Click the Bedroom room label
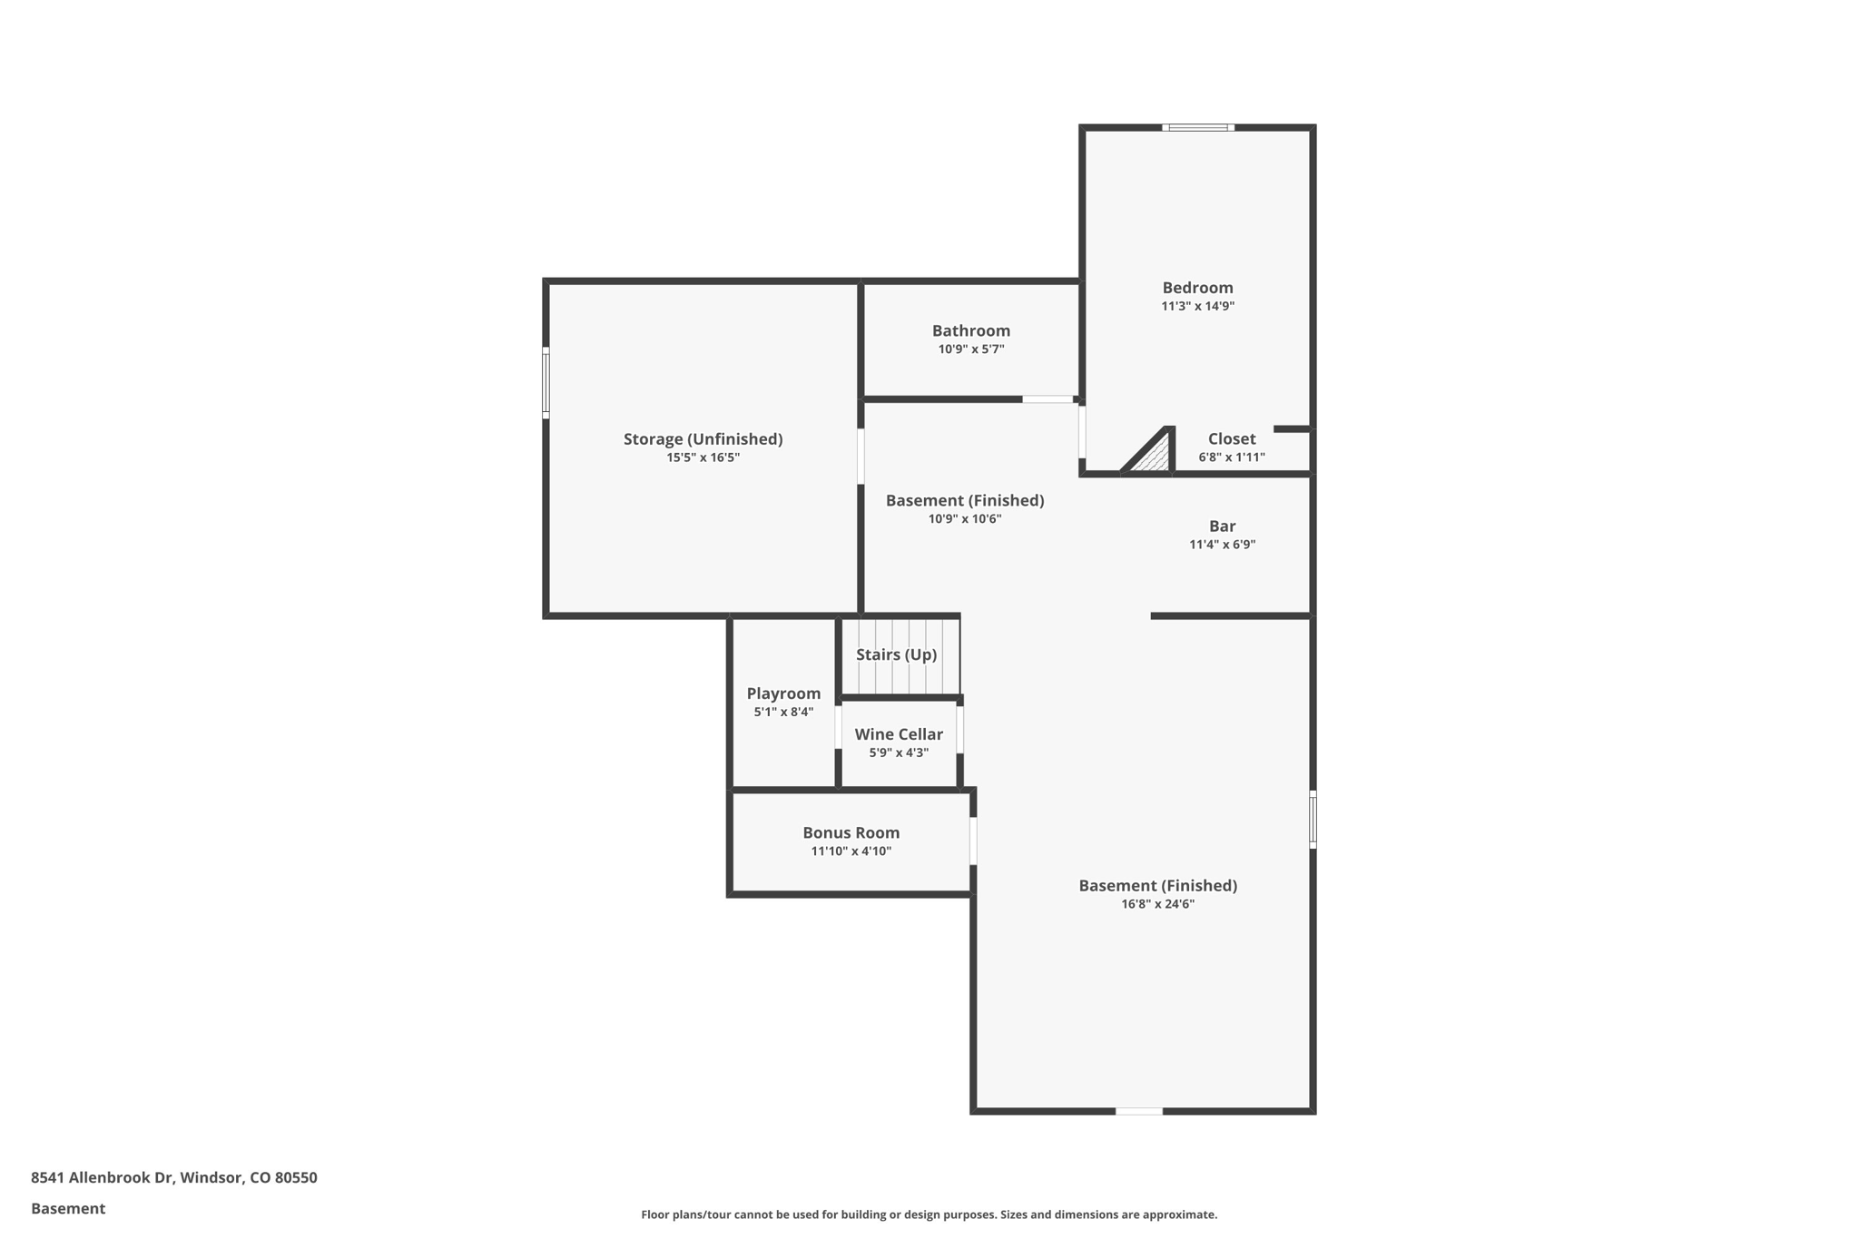[1197, 288]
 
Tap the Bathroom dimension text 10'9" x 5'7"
[970, 349]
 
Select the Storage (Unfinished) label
[703, 439]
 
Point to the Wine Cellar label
[898, 734]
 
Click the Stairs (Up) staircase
[899, 655]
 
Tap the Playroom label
[783, 693]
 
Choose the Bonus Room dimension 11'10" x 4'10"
[851, 851]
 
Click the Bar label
[1222, 526]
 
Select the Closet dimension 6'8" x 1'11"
[1231, 457]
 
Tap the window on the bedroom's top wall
[1197, 128]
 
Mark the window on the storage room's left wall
[546, 382]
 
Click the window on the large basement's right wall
[1313, 819]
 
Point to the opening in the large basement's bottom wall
[1138, 1111]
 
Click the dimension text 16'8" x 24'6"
[1157, 904]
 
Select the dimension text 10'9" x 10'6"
[964, 519]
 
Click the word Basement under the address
[68, 1209]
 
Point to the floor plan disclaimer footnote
[929, 1214]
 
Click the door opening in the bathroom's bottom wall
[1048, 399]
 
